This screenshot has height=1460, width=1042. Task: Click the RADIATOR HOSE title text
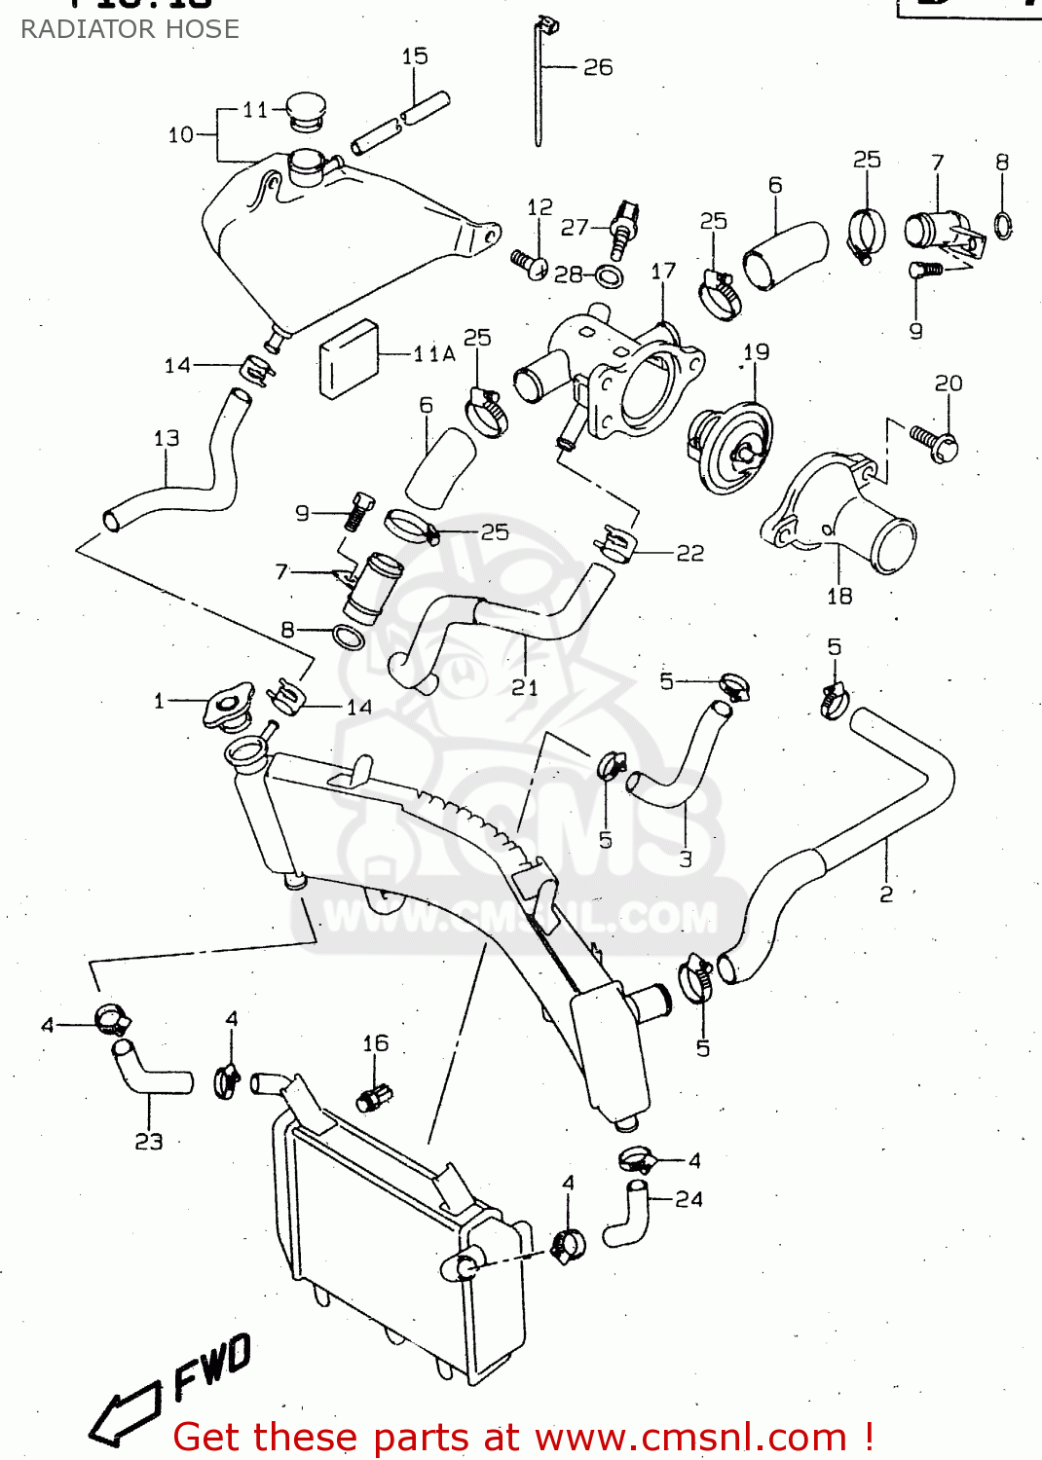coord(130,29)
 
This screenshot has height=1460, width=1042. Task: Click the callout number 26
coord(598,67)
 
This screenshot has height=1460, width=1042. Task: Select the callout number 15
coord(415,56)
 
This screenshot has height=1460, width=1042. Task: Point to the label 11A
coord(433,354)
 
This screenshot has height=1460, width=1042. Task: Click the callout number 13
coord(167,439)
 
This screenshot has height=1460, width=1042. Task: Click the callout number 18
coord(839,596)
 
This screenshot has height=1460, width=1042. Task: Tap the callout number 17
coord(663,272)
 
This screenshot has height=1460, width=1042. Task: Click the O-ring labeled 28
coord(610,276)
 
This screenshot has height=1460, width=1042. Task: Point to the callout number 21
coord(525,687)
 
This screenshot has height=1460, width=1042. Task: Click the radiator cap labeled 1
coord(228,707)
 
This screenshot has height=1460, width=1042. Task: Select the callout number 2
coord(886,894)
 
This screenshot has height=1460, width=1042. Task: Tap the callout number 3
coord(686,858)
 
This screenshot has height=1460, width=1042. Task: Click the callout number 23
coord(149,1141)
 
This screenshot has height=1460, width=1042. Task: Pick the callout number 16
coord(375,1043)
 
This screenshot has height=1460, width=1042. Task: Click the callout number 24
coord(688,1199)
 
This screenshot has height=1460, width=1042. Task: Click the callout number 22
coord(690,553)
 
